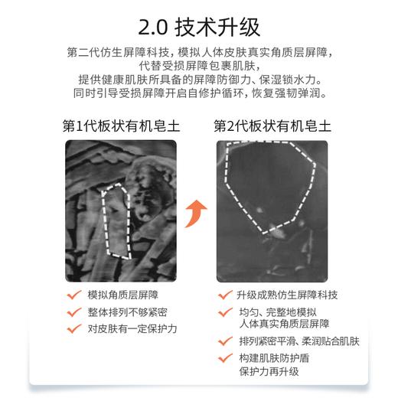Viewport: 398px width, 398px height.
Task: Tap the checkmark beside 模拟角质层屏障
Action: pos(74,294)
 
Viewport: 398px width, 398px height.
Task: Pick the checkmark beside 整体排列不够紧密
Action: pos(74,311)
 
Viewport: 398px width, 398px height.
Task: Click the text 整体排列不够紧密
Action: pos(127,312)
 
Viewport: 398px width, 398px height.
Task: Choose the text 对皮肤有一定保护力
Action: pos(132,328)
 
